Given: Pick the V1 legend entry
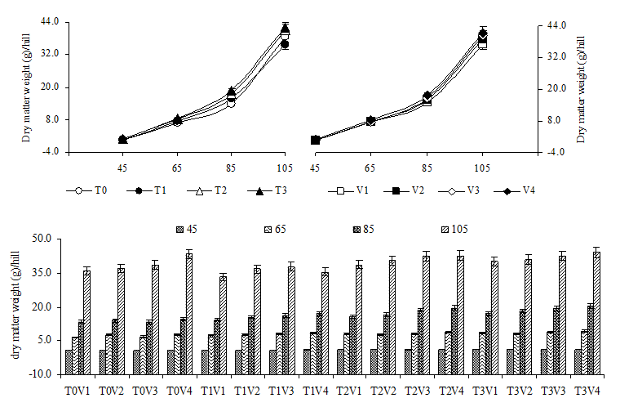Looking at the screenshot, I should [x=354, y=191].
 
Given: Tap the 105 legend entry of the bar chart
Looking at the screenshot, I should [x=461, y=229].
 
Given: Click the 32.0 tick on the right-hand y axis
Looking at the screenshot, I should [x=555, y=56].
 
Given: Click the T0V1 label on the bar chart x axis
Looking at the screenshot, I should [x=78, y=391].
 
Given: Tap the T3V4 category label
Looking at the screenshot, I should [x=587, y=391].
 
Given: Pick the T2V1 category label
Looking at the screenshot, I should [x=350, y=391].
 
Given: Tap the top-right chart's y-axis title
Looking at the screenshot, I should [x=581, y=88].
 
